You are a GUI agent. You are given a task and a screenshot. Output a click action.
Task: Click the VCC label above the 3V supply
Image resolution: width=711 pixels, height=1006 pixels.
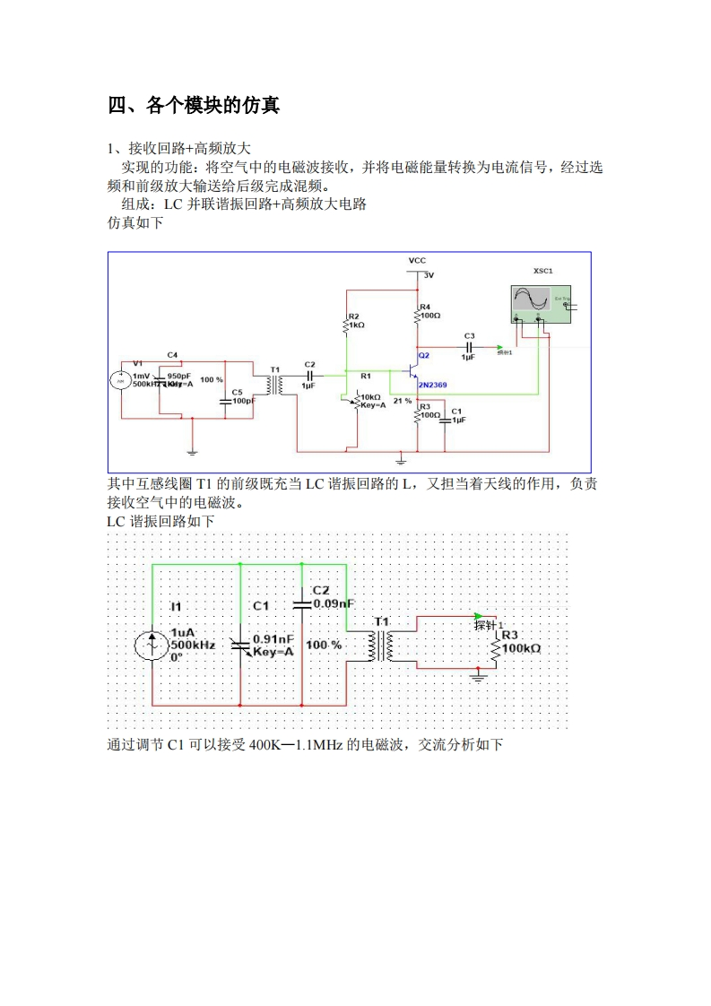(417, 260)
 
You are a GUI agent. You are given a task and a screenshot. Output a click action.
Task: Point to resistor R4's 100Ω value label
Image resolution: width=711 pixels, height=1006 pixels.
(431, 316)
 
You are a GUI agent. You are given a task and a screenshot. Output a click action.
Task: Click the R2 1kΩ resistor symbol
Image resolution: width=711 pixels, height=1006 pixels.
(346, 324)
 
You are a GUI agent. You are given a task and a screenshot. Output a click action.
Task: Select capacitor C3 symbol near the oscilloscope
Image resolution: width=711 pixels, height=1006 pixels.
(468, 346)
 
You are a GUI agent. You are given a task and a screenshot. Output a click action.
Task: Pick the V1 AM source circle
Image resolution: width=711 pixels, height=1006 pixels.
(119, 380)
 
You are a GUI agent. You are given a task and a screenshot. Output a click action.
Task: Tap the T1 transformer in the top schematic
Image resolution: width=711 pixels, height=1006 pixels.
(275, 385)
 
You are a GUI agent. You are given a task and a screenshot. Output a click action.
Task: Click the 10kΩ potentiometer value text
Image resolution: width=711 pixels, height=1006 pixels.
(370, 396)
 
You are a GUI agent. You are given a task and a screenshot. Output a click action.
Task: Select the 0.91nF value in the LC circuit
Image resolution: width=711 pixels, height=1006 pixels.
(273, 638)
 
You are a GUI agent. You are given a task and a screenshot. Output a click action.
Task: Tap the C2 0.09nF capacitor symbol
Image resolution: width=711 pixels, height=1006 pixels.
(302, 604)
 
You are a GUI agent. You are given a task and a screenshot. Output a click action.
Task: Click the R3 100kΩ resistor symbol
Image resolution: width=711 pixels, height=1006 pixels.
(494, 646)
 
